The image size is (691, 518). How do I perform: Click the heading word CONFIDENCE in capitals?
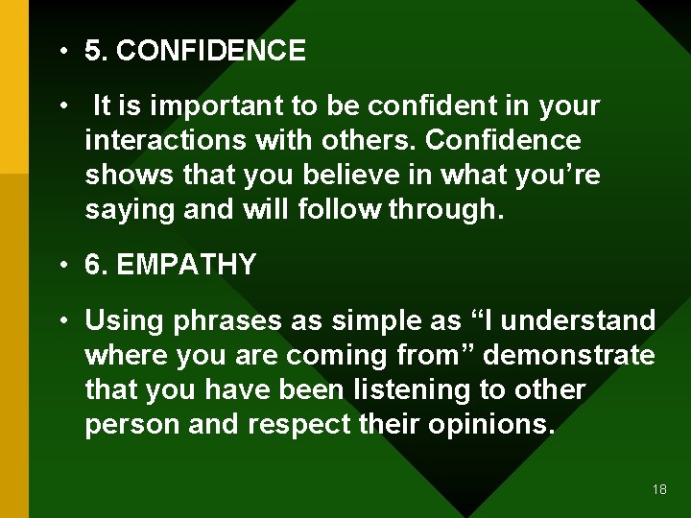tap(210, 51)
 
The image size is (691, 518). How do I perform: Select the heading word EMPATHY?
tap(186, 266)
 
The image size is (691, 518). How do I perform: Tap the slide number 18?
tap(658, 489)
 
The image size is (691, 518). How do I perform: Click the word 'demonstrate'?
tap(569, 355)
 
